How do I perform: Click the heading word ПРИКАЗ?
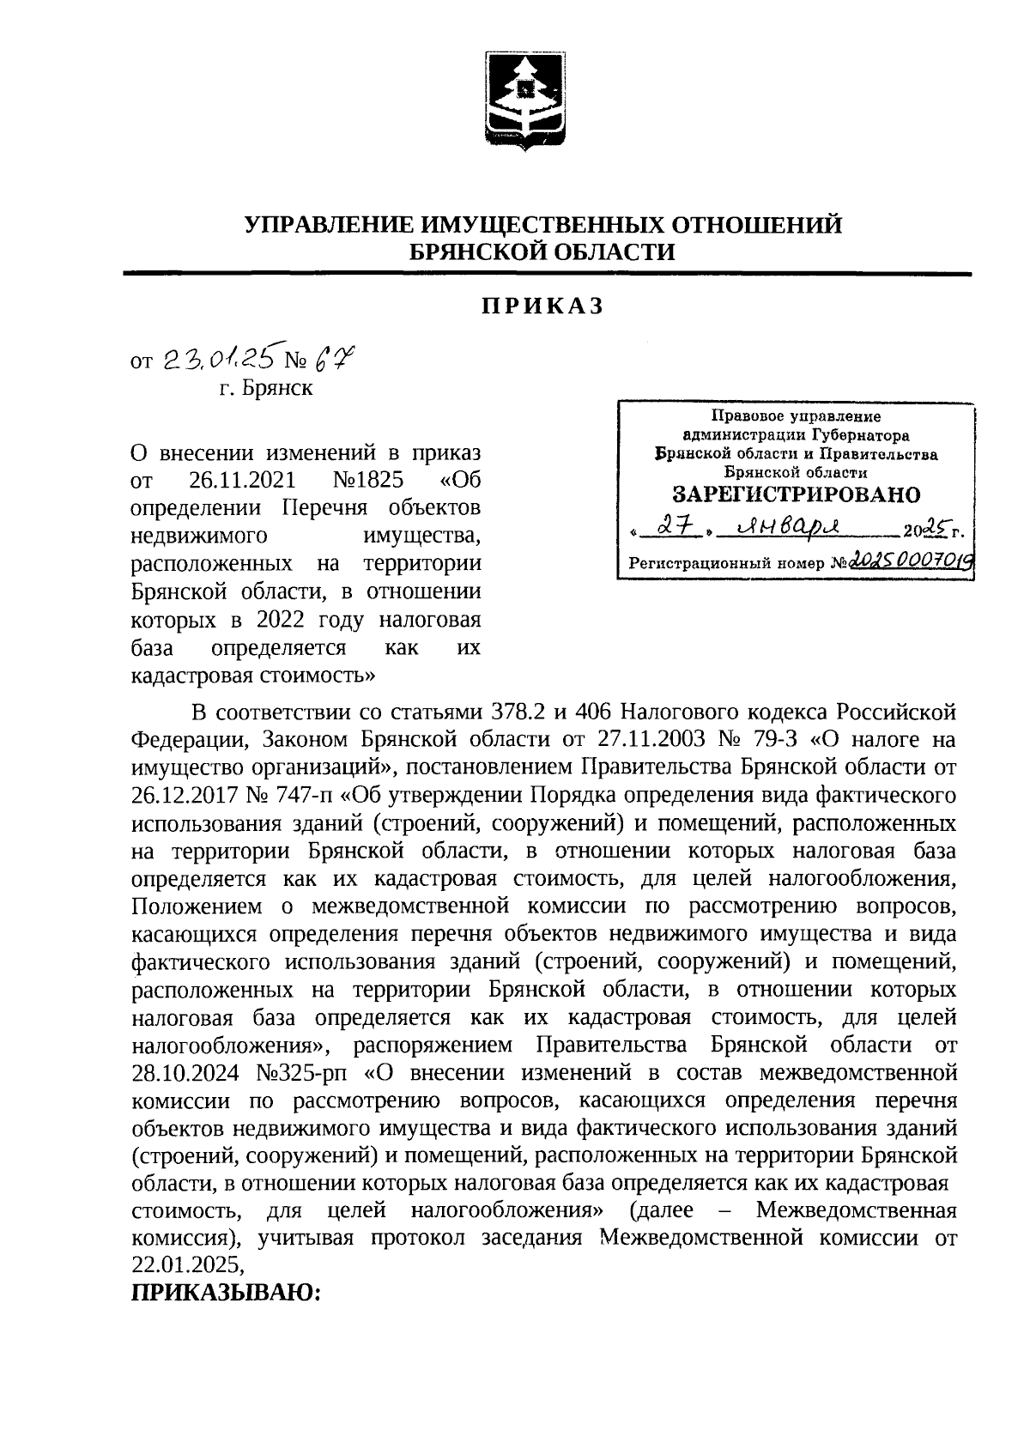[x=542, y=306]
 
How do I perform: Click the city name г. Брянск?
[x=266, y=388]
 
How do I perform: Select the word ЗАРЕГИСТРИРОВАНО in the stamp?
[x=796, y=494]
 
